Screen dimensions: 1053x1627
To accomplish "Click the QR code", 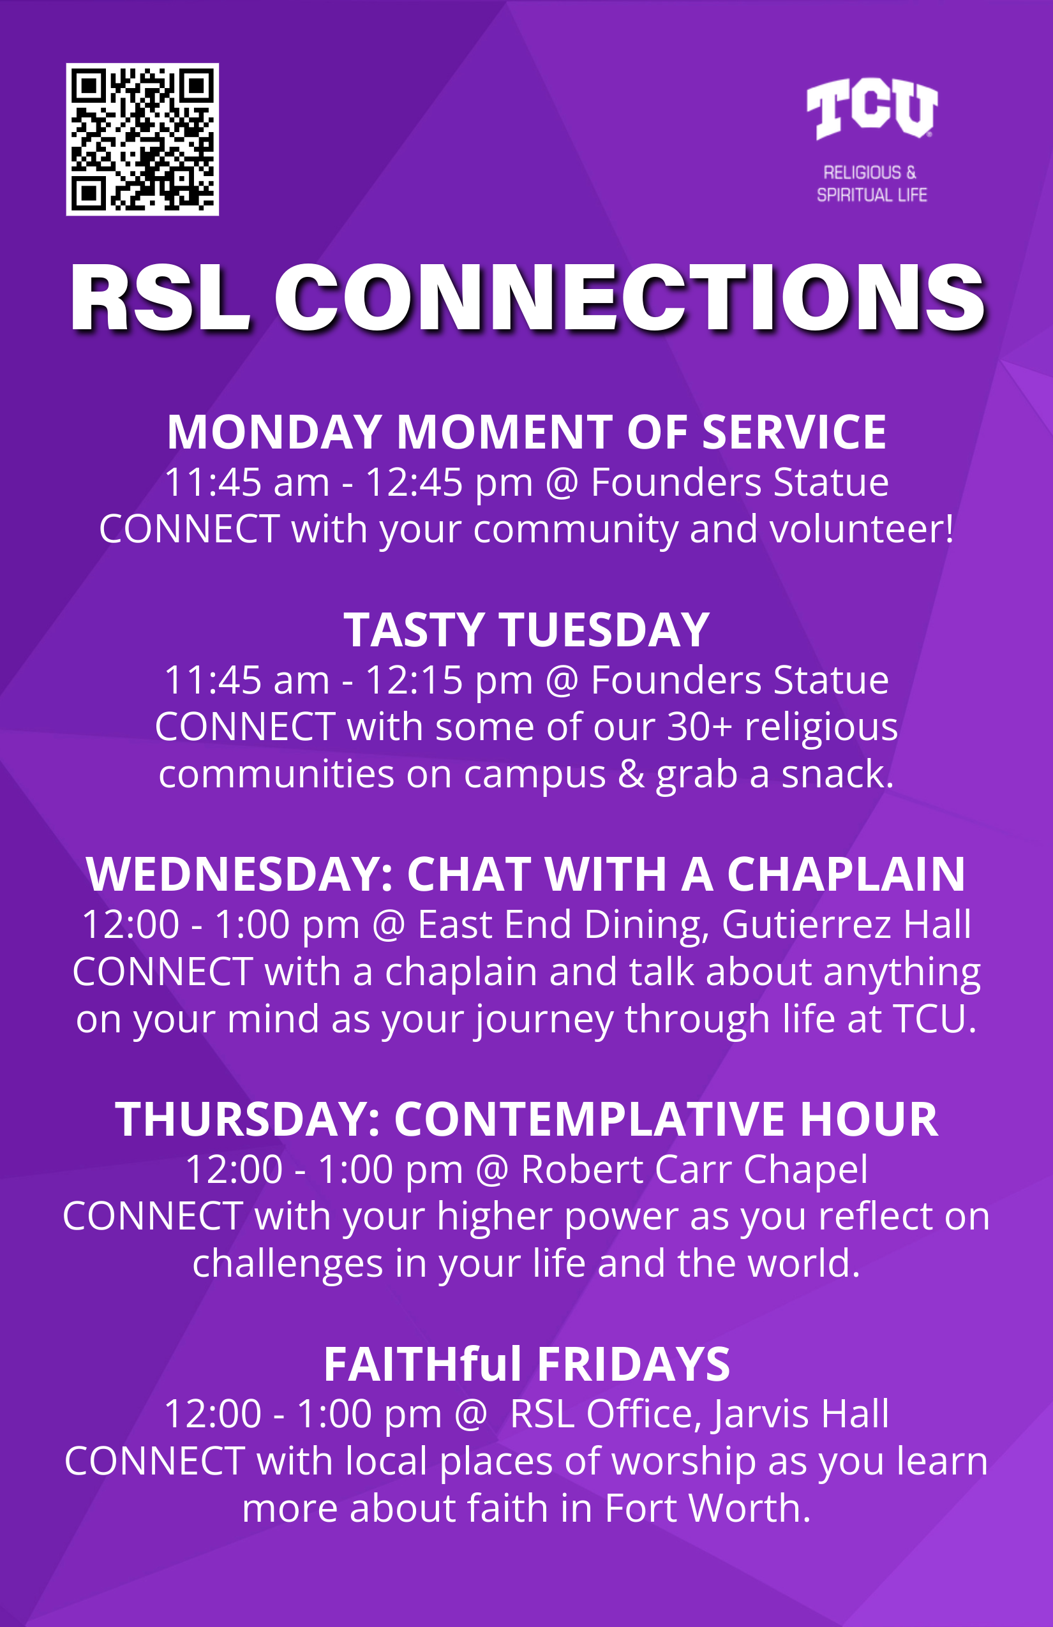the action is [142, 140].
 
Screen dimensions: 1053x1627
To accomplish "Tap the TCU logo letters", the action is [872, 108].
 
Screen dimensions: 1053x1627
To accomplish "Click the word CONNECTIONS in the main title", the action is [630, 299].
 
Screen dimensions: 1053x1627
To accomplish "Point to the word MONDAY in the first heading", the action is [274, 433].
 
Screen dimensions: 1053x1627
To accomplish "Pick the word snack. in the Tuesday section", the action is [837, 774].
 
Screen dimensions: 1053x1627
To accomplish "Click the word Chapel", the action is [805, 1170].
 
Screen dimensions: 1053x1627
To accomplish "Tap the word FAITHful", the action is [423, 1364].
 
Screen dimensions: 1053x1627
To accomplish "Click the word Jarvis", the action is [760, 1414].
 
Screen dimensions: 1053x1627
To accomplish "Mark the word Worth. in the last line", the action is [749, 1508].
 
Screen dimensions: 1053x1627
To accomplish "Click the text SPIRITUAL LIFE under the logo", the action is [872, 195].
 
